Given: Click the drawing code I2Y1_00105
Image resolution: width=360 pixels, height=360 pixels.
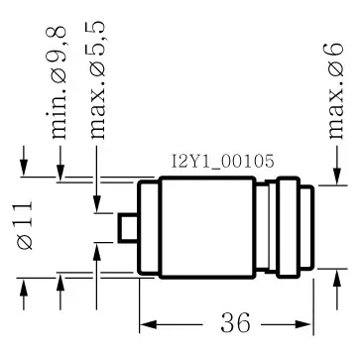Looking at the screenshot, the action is (x=223, y=162).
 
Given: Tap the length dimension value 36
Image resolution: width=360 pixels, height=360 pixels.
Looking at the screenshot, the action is (x=235, y=323).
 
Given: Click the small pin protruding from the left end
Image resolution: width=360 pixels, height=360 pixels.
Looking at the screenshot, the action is (x=128, y=227).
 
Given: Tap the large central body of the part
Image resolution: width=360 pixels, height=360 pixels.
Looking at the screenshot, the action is (x=207, y=227).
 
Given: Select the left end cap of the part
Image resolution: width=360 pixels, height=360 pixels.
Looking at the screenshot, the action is (x=149, y=228).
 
